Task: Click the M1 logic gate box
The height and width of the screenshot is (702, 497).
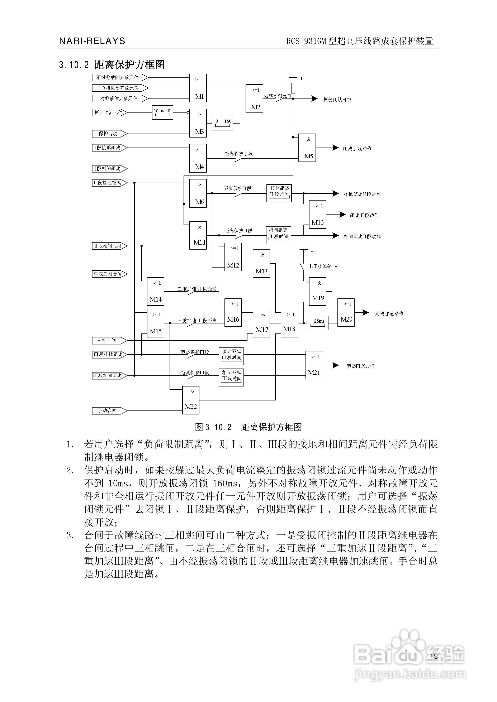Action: pyautogui.click(x=198, y=88)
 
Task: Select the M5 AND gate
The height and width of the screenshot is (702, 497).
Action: pyautogui.click(x=307, y=148)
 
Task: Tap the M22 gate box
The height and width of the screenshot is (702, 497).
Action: pyautogui.click(x=191, y=400)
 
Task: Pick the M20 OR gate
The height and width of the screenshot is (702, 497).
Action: pyautogui.click(x=346, y=312)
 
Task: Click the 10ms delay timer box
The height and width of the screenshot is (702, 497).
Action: pyautogui.click(x=162, y=112)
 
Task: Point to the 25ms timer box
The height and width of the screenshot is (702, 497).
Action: pyautogui.click(x=318, y=323)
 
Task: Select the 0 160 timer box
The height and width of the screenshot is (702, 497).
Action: pyautogui.click(x=222, y=123)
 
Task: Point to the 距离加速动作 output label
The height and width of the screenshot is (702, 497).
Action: pyautogui.click(x=389, y=314)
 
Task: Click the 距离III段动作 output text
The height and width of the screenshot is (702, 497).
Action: pyautogui.click(x=361, y=366)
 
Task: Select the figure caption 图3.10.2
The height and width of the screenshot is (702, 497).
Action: pyautogui.click(x=248, y=427)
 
